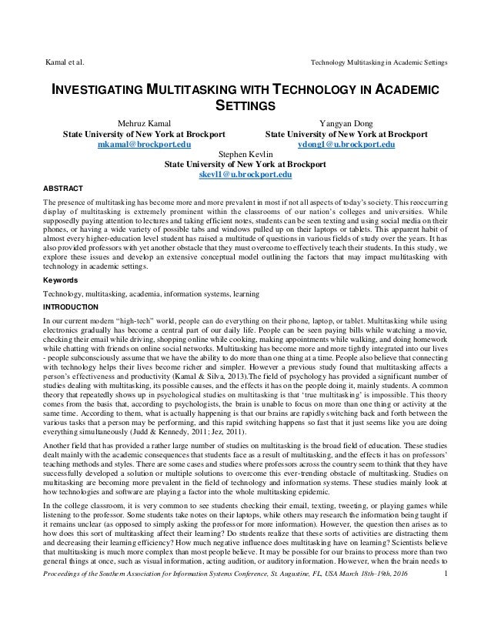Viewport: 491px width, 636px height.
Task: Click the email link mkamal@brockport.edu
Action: tap(144, 144)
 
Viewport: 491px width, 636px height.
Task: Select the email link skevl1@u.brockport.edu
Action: tap(245, 176)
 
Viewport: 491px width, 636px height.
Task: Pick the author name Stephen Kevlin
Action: tap(245, 154)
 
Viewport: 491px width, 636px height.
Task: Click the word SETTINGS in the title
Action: tap(245, 105)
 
